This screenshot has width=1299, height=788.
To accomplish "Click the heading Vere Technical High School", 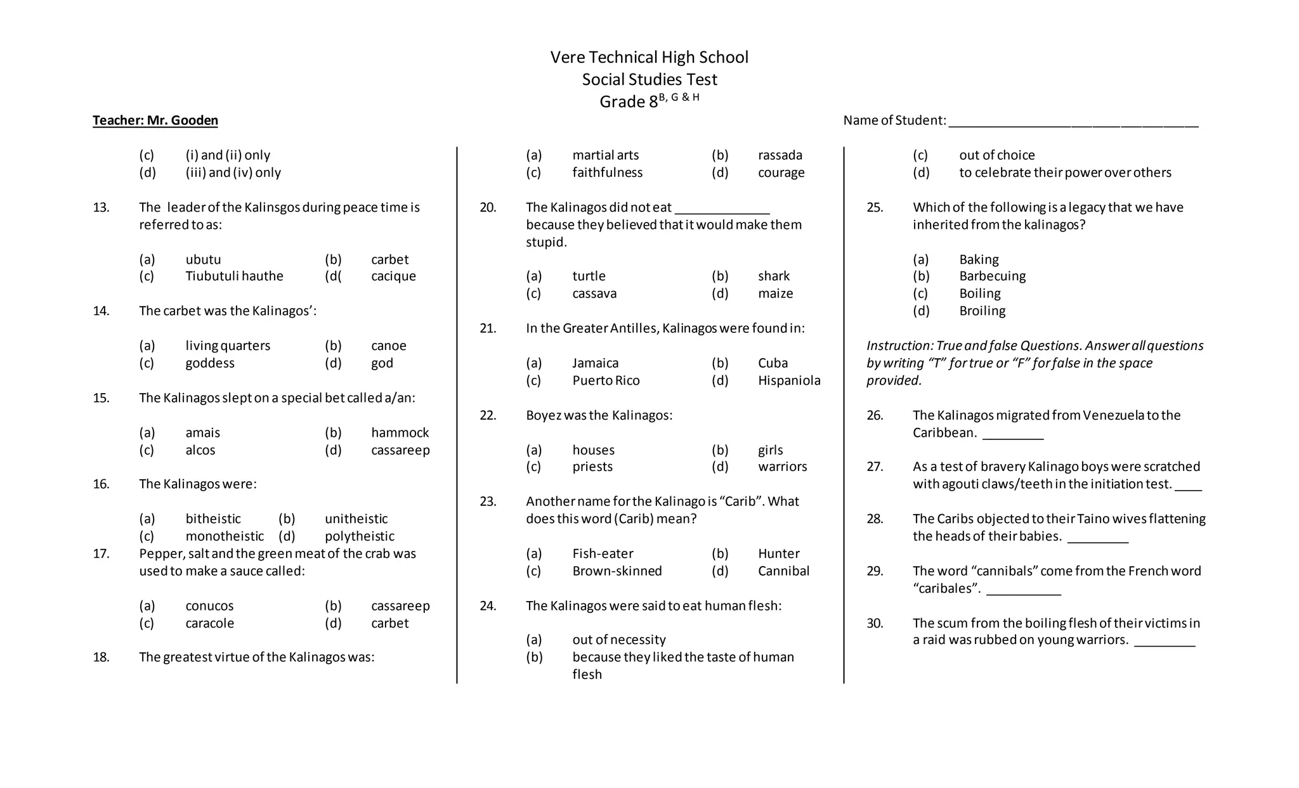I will pyautogui.click(x=649, y=58).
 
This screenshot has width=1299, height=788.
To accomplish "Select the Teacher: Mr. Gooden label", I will pyautogui.click(x=155, y=120).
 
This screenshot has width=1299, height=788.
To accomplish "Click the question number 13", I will pyautogui.click(x=101, y=208).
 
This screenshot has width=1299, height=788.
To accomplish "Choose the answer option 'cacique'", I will pyautogui.click(x=393, y=276).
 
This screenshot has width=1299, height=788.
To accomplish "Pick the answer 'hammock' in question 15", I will pyautogui.click(x=400, y=433).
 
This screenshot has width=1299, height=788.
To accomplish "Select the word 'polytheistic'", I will pyautogui.click(x=359, y=536).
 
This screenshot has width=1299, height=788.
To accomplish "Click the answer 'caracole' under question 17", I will pyautogui.click(x=209, y=624).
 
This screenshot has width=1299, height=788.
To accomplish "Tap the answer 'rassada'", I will pyautogui.click(x=780, y=155).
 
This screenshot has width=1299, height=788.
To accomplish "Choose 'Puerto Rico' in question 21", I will pyautogui.click(x=606, y=381).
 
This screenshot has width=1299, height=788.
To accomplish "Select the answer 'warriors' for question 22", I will pyautogui.click(x=782, y=467).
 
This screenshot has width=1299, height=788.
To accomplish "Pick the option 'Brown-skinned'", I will pyautogui.click(x=617, y=571).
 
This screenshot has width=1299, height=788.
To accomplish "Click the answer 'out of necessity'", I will pyautogui.click(x=618, y=640).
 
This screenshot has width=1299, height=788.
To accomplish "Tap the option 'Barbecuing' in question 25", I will pyautogui.click(x=992, y=276).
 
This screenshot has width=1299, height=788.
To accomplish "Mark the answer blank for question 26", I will pyautogui.click(x=1012, y=437).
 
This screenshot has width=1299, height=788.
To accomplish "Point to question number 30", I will pyautogui.click(x=875, y=624).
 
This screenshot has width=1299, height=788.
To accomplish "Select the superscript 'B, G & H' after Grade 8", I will pyautogui.click(x=679, y=98).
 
